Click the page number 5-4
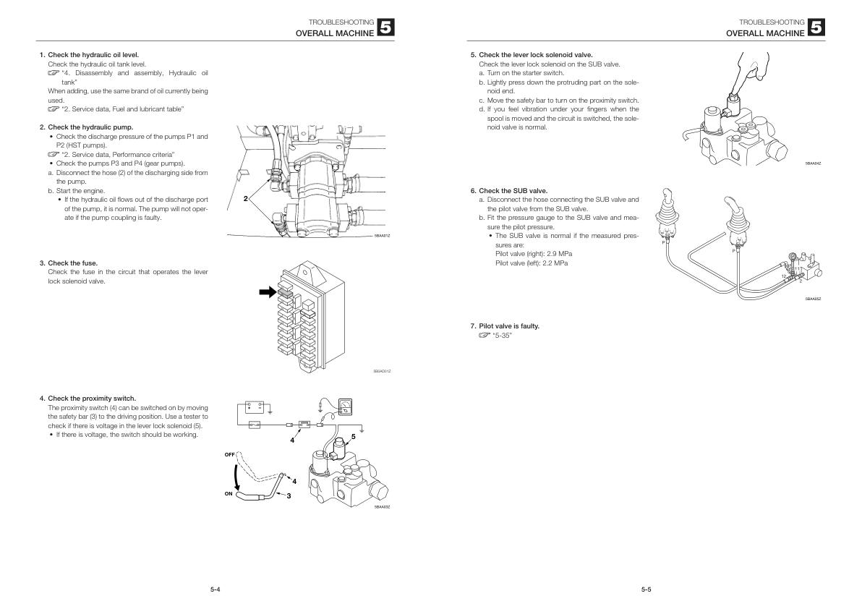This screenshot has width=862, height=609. (x=215, y=589)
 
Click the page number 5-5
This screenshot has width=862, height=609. (x=646, y=589)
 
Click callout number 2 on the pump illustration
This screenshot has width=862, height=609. (x=246, y=197)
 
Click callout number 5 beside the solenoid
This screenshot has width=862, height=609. (x=353, y=436)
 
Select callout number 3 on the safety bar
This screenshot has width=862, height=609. (x=288, y=496)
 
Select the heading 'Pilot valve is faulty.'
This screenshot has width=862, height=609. (x=509, y=326)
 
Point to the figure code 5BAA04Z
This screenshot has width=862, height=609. (x=813, y=163)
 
